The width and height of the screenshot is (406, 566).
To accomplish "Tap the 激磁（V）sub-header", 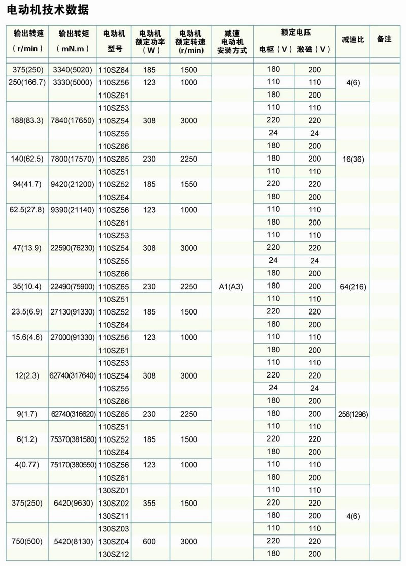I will pos(314,49).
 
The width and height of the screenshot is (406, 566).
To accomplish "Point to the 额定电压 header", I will pos(295,32).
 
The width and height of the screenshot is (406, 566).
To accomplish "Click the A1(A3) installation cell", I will pos(230,287).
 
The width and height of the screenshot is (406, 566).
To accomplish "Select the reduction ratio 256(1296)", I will pos(353,414).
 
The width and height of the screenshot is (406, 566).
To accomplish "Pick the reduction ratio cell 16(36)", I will pos(353,159).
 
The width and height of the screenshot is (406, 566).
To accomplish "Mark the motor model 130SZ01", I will pos(114,490).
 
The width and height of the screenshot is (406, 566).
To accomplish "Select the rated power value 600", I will pos(149,542).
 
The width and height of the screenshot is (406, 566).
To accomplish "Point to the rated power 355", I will pos(149,503).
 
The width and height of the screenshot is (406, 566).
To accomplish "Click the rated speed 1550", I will pos(188,184).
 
